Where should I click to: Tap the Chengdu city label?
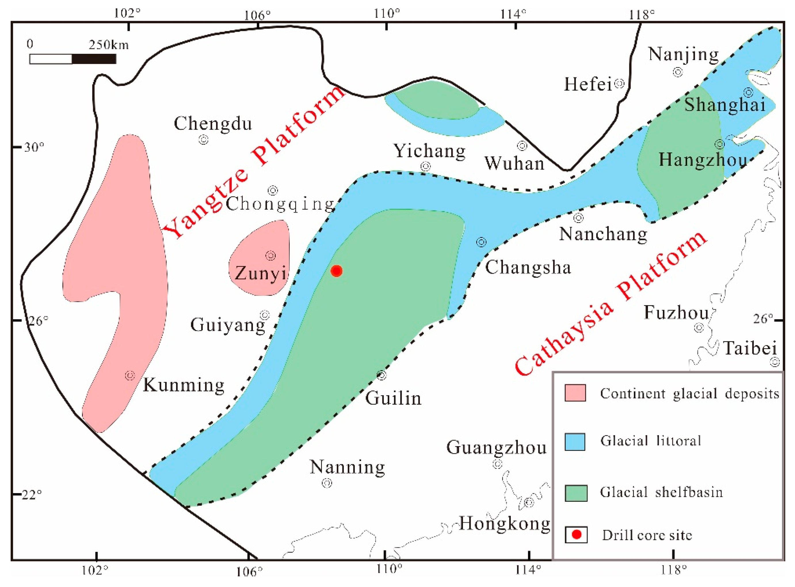213,124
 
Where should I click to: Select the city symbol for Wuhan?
522,145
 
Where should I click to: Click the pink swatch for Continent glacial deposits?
575,393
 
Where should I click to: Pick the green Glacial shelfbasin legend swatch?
576,493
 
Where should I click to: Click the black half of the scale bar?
94,59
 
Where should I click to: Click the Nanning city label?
347,467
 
